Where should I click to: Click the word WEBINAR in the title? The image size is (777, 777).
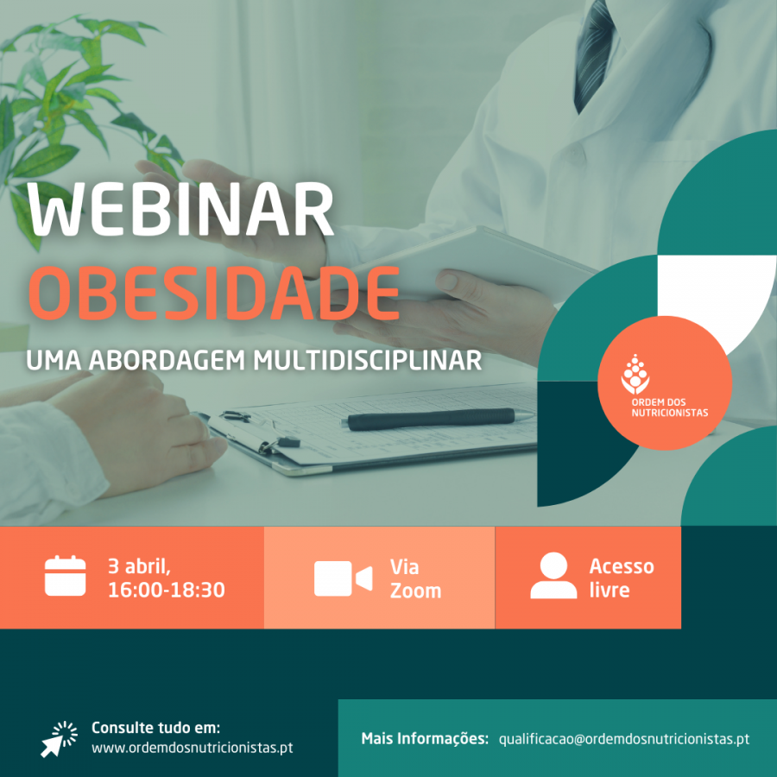(181, 209)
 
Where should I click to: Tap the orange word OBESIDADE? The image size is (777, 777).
(214, 293)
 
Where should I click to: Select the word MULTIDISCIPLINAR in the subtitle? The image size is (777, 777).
(367, 360)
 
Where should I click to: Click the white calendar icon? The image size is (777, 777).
(65, 576)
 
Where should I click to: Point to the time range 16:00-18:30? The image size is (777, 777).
(167, 590)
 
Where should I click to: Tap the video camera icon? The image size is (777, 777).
(343, 578)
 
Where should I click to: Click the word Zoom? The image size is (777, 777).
(415, 591)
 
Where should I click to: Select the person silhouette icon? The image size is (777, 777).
(553, 575)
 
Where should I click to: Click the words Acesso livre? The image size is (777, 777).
(622, 578)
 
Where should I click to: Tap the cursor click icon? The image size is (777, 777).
(59, 739)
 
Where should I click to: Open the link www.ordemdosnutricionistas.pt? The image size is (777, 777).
(193, 748)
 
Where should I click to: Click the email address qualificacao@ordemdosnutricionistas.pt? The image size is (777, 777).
(624, 739)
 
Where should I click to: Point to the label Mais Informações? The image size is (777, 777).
(425, 739)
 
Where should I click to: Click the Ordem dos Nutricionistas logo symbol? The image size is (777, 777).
(635, 374)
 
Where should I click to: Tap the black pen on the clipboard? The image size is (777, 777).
(436, 419)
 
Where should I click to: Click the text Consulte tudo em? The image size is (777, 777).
(155, 728)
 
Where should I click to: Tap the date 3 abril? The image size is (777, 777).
(139, 566)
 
